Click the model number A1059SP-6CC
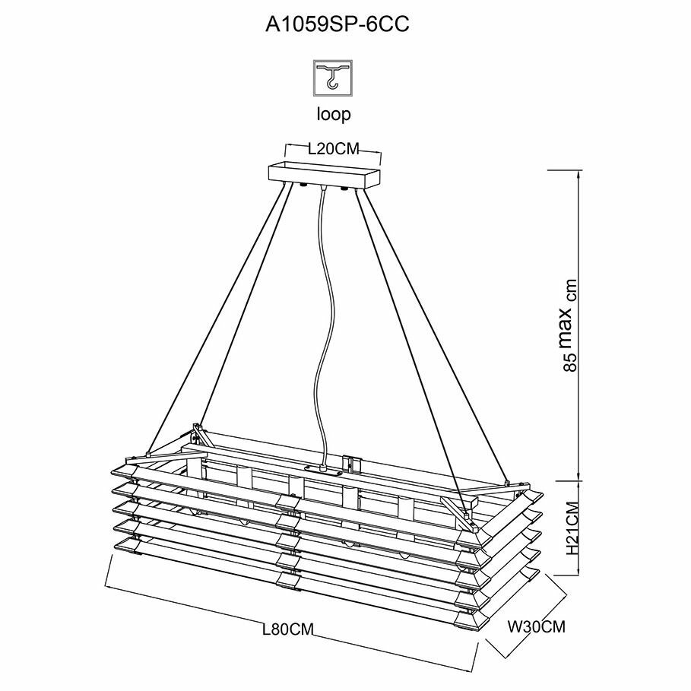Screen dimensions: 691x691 (337, 25)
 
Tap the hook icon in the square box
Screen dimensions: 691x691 (334, 79)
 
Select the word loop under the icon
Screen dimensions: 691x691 (334, 115)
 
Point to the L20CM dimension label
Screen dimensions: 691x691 (333, 149)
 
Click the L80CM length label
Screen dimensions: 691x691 (287, 629)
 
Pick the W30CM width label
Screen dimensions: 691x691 (536, 627)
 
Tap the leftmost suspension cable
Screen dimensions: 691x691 (220, 319)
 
